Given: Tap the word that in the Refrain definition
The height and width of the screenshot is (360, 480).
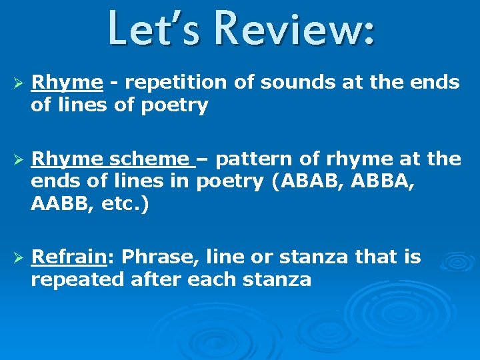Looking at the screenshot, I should tap(370, 257).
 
